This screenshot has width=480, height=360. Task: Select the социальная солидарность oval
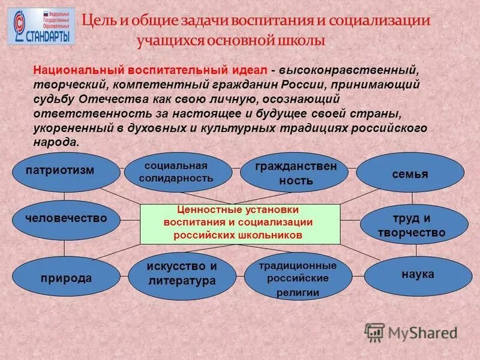pyautogui.click(x=177, y=172)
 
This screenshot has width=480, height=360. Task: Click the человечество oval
pyautogui.click(x=66, y=219)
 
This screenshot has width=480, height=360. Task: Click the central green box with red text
pyautogui.click(x=240, y=223)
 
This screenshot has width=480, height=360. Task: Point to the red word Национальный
pyautogui.click(x=71, y=70)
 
